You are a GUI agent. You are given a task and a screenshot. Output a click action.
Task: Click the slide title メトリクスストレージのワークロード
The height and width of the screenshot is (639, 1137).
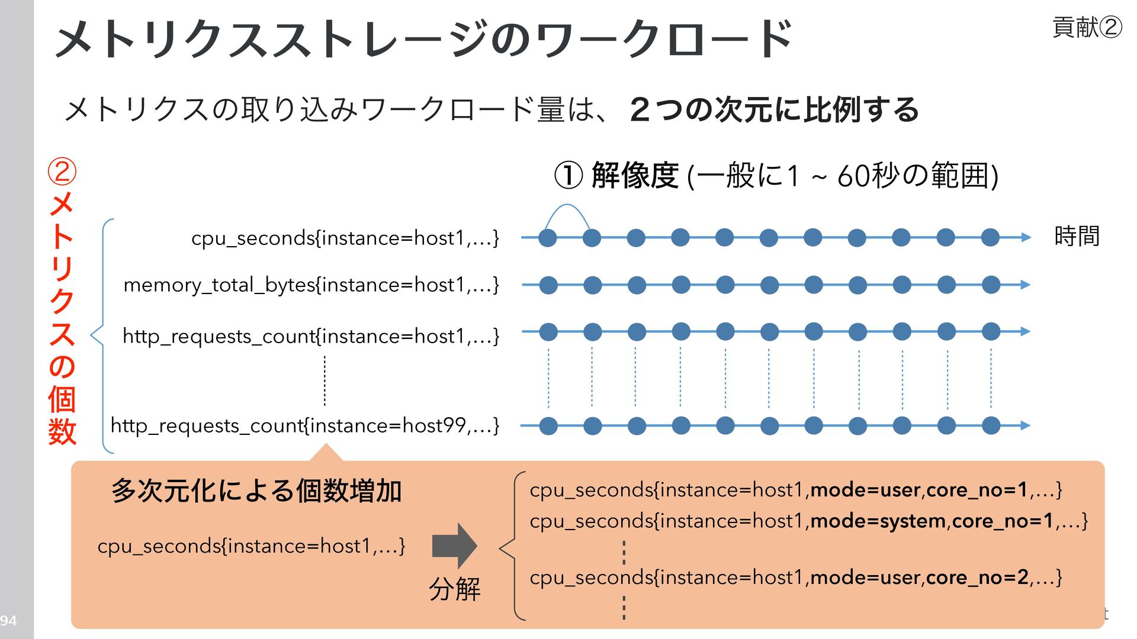tap(423, 39)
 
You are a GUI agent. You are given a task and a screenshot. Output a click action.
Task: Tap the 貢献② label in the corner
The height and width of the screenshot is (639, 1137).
tap(1086, 27)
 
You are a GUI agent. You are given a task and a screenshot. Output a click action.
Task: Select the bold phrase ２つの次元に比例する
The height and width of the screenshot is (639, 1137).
tap(775, 110)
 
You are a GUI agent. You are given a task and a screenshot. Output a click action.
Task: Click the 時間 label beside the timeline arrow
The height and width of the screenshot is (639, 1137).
tap(1077, 236)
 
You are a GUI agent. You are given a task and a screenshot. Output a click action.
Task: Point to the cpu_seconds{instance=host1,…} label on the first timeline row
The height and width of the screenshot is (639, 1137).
tap(345, 238)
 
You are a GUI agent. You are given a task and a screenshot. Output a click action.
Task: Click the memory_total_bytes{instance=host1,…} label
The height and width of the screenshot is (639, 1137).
tap(311, 285)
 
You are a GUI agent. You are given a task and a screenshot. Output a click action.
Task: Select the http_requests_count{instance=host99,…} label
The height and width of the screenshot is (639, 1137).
tap(304, 425)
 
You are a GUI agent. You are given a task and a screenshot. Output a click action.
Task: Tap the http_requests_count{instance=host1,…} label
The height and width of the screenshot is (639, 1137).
tap(311, 336)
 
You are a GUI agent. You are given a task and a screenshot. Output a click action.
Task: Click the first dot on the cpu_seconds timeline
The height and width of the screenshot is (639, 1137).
tap(548, 238)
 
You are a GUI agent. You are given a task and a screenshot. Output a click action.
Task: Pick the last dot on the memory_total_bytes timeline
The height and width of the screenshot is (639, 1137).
tap(991, 285)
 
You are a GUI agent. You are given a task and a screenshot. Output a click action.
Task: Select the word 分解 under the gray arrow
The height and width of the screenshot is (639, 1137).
tap(454, 589)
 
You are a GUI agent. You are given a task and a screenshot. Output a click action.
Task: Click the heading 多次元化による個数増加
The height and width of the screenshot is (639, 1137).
tap(256, 491)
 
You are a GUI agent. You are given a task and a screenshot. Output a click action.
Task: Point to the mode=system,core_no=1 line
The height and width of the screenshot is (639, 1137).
tap(808, 521)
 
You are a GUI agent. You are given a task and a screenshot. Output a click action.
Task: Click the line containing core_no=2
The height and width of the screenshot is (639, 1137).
tap(795, 577)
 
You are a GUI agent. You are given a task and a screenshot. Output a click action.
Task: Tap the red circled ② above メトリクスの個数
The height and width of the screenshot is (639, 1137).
tap(62, 172)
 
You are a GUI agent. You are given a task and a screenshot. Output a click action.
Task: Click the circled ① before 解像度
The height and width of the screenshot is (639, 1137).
tap(568, 176)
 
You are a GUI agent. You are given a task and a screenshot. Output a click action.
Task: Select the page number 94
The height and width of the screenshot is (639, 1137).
tap(8, 621)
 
